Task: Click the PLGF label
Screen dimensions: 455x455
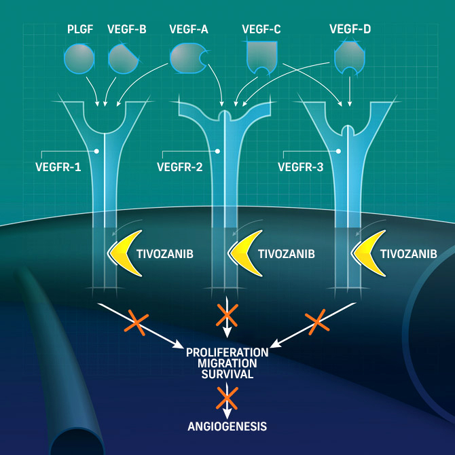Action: click(x=79, y=29)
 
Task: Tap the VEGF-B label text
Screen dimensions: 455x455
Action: click(x=126, y=29)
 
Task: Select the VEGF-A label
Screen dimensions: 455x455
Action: click(x=189, y=29)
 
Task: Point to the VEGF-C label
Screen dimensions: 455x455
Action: click(x=261, y=29)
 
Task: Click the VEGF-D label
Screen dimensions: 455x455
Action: click(x=350, y=29)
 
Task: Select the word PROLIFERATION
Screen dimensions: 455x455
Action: click(x=227, y=352)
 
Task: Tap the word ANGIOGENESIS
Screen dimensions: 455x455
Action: click(x=227, y=426)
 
